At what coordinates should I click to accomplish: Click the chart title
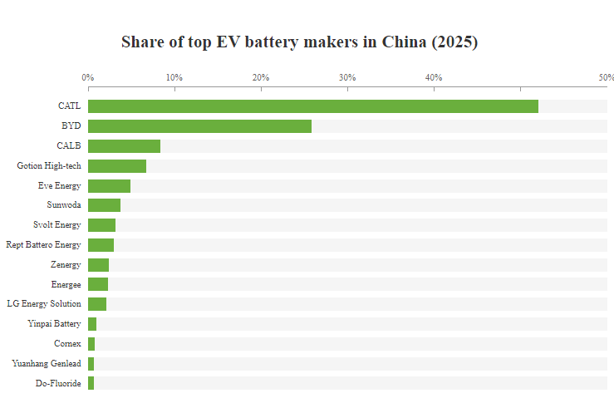pyautogui.click(x=299, y=42)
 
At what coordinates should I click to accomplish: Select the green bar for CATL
pyautogui.click(x=312, y=106)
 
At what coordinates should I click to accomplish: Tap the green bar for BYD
pyautogui.click(x=199, y=126)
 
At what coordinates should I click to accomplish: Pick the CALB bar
pyautogui.click(x=124, y=146)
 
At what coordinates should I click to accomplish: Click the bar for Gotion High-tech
pyautogui.click(x=117, y=166)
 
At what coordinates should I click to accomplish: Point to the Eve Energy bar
pyautogui.click(x=109, y=186)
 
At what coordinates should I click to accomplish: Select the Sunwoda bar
pyautogui.click(x=104, y=205)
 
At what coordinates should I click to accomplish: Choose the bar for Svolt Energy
pyautogui.click(x=101, y=225)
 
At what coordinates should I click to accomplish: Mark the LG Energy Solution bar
pyautogui.click(x=97, y=304)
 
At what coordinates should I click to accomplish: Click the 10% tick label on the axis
pyautogui.click(x=174, y=77)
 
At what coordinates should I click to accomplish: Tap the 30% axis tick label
pyautogui.click(x=347, y=77)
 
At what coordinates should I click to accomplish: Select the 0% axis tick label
pyautogui.click(x=87, y=77)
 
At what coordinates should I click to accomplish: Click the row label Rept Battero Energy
pyautogui.click(x=43, y=245)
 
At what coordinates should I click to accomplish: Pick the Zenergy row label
pyautogui.click(x=66, y=264)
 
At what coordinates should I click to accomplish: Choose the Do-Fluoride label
pyautogui.click(x=58, y=383)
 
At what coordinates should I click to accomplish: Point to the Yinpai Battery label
pyautogui.click(x=55, y=324)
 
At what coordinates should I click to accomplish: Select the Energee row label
pyautogui.click(x=66, y=284)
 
